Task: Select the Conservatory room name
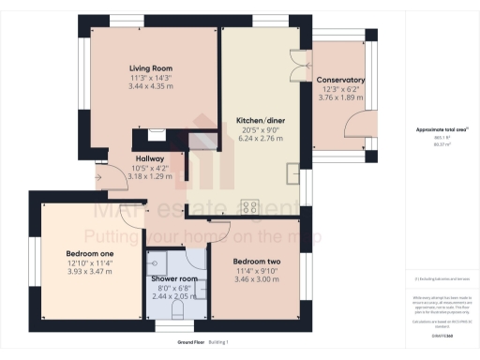point(340,80)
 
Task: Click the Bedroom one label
point(89,254)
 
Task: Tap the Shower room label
point(175,279)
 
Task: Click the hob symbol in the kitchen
point(250,207)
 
